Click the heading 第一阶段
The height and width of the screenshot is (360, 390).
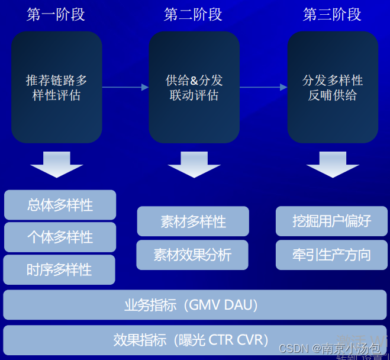click(56, 14)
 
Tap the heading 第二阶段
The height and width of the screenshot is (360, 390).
click(194, 14)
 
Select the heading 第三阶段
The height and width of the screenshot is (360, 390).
click(332, 14)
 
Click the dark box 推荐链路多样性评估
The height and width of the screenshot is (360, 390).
click(56, 87)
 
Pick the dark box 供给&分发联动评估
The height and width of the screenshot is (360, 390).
click(194, 87)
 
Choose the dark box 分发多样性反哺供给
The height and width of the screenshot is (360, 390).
click(333, 87)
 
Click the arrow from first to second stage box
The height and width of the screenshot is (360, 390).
click(125, 88)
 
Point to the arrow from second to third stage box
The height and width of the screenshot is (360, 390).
click(263, 88)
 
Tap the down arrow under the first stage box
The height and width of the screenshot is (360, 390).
click(57, 164)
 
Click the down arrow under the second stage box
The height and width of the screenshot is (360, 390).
click(194, 164)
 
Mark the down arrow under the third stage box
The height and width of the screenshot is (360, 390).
click(333, 164)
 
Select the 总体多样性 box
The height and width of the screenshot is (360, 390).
click(60, 205)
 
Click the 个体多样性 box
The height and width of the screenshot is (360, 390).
click(60, 237)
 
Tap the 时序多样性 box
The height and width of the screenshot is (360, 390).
click(59, 269)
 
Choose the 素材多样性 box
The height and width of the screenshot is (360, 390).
click(193, 221)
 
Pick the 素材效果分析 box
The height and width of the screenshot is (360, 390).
click(192, 255)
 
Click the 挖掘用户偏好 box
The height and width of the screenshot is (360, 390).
click(331, 221)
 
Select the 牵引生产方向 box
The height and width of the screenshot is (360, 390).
click(331, 255)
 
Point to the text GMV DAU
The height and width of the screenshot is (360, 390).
click(222, 306)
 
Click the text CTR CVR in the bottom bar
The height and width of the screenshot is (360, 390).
click(236, 340)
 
